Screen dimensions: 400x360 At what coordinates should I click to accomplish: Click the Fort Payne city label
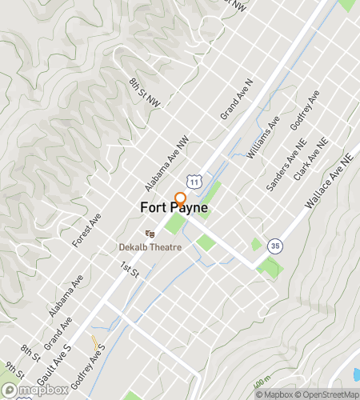pyautogui.click(x=174, y=206)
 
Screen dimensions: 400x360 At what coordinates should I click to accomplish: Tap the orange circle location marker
pyautogui.click(x=180, y=198)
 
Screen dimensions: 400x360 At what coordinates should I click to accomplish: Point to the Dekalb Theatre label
pyautogui.click(x=150, y=246)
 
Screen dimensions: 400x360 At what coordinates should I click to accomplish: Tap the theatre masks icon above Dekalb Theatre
pyautogui.click(x=150, y=234)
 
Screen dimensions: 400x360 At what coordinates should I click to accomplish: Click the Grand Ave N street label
pyautogui.click(x=237, y=106)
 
